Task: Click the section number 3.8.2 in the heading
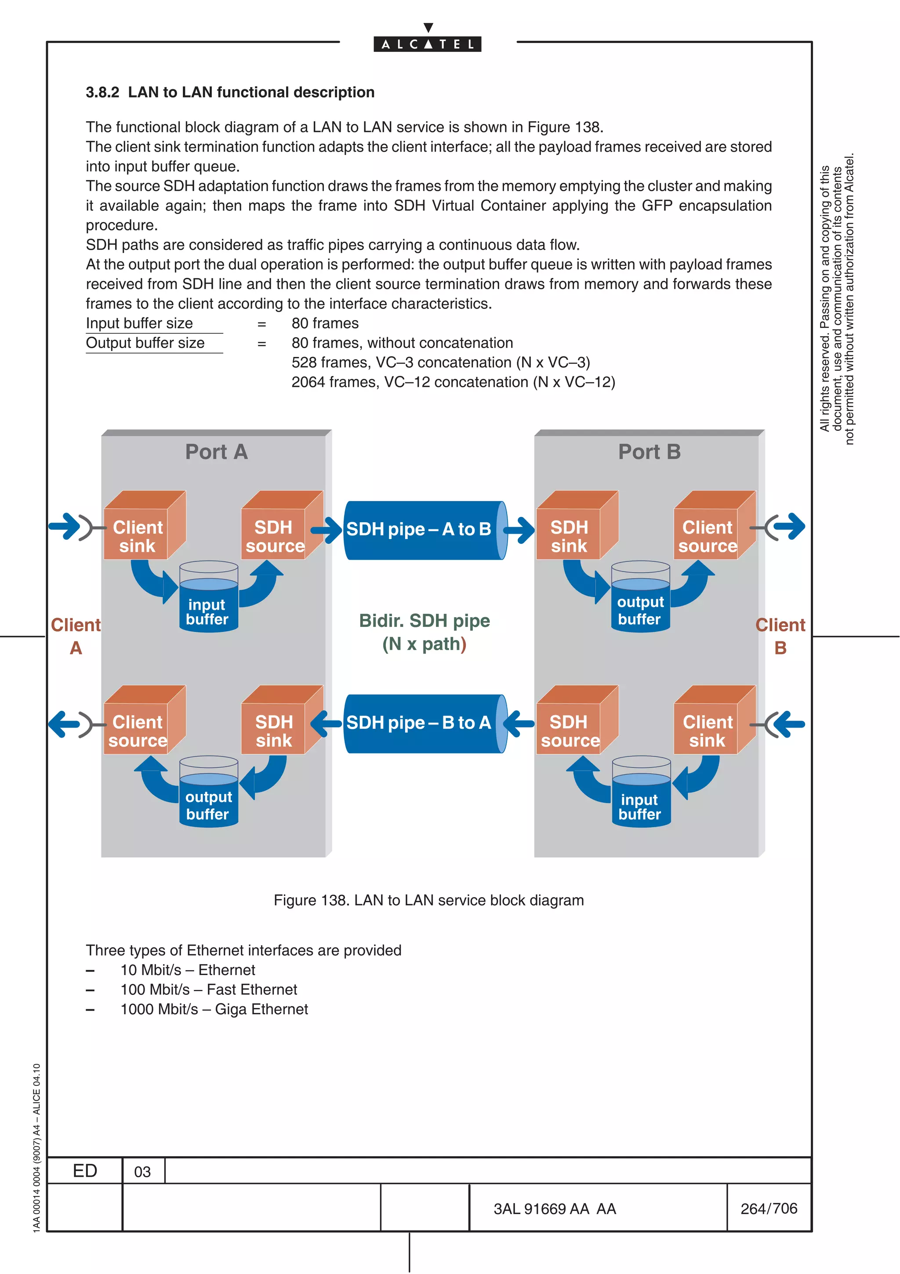click(x=102, y=92)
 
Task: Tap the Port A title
click(x=216, y=451)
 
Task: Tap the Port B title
click(x=650, y=451)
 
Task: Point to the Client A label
click(x=76, y=636)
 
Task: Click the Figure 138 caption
click(x=428, y=900)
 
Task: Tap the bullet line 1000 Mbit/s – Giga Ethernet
click(x=214, y=1009)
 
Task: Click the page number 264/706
click(x=769, y=1208)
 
